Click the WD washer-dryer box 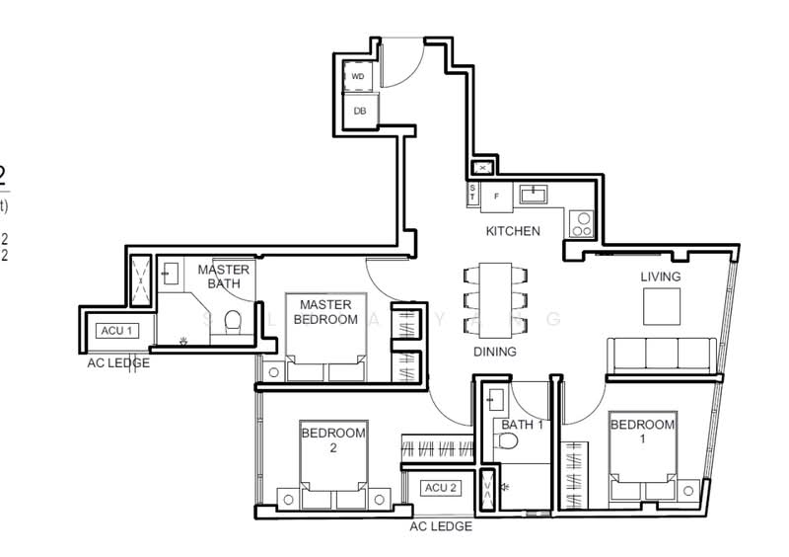(x=358, y=76)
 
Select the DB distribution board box (x=359, y=111)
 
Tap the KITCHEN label (x=513, y=231)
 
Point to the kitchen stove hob (x=580, y=224)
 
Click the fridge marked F (x=496, y=196)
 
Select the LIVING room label (x=660, y=277)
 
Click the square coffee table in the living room (x=662, y=307)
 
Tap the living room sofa (x=661, y=355)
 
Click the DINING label (x=494, y=351)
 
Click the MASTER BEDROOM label (x=327, y=312)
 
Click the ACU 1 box (x=114, y=330)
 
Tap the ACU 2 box (x=440, y=488)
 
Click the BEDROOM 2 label (x=332, y=439)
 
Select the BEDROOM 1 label (x=642, y=432)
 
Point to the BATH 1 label (x=523, y=425)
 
